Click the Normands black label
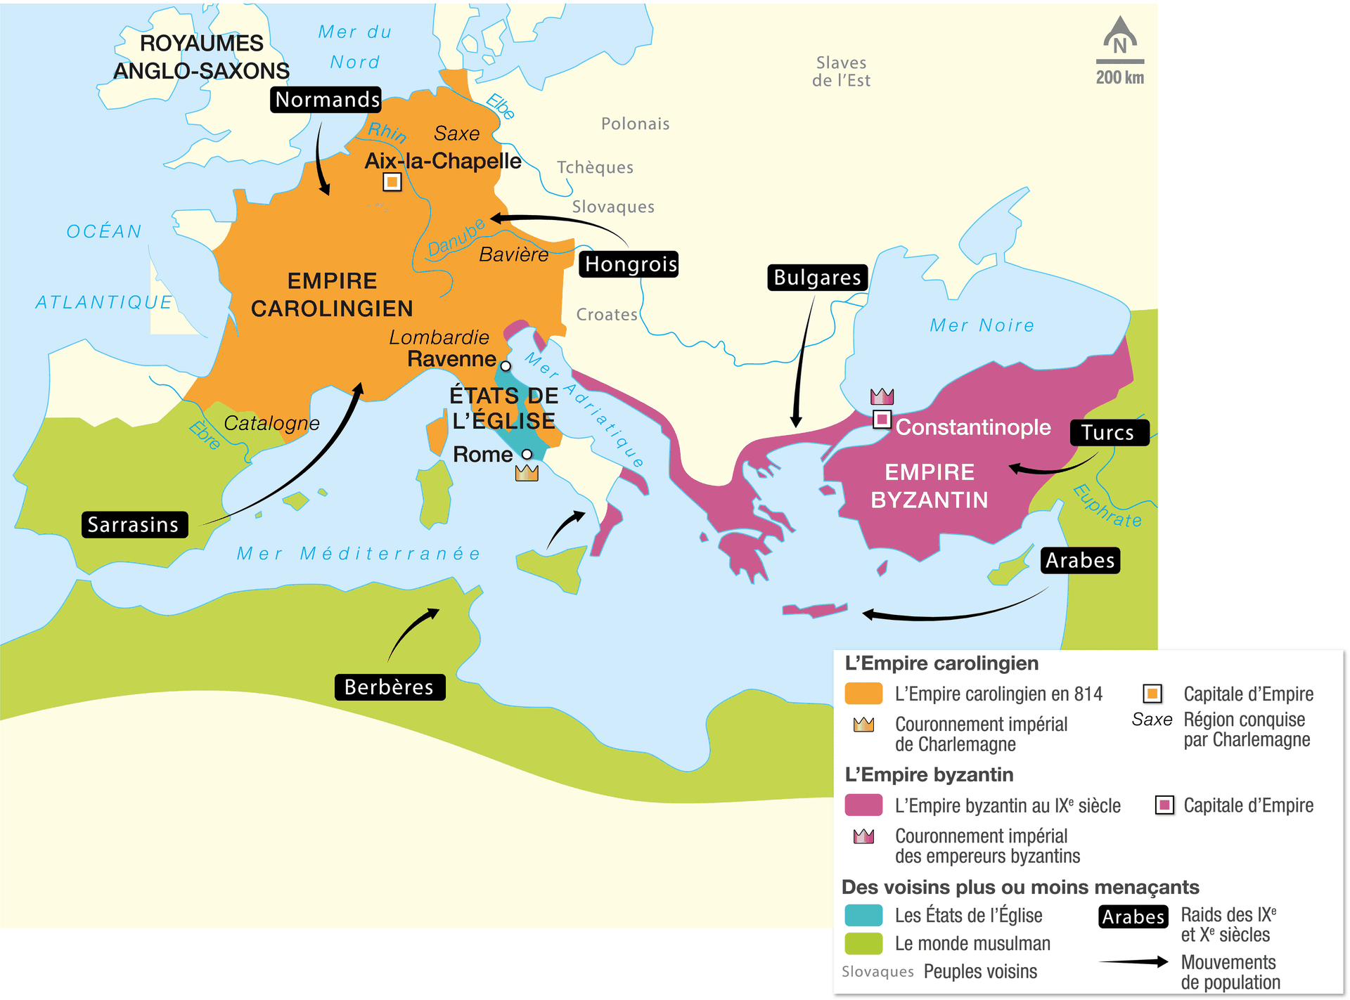point(326,100)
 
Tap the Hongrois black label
point(629,264)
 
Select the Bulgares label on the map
point(817,278)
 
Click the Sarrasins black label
point(134,525)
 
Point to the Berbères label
point(389,687)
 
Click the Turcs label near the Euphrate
point(1107,433)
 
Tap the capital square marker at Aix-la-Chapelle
point(392,182)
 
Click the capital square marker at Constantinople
point(882,420)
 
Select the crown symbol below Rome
point(527,473)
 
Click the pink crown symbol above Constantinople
point(882,396)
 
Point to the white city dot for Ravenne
point(506,366)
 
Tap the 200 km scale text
point(1119,77)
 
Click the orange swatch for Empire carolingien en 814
point(863,694)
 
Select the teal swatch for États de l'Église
point(863,915)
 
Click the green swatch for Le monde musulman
point(863,943)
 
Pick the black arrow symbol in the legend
point(1133,961)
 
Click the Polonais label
point(635,124)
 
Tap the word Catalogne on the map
point(271,423)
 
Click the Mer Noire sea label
point(982,325)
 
